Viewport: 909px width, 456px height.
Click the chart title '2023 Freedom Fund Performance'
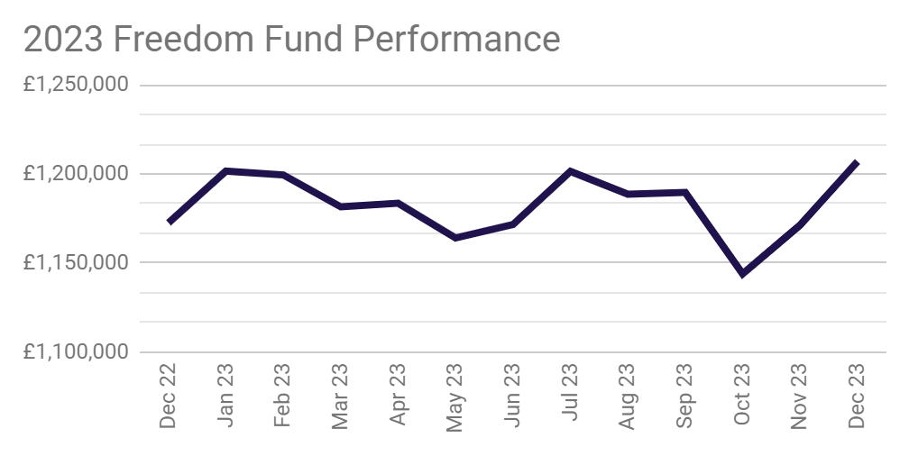291,40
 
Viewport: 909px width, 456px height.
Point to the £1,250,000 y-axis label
77,85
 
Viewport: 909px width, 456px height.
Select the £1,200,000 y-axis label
77,174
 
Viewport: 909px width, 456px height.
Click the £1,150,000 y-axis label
77,263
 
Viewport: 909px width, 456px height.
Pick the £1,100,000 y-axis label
77,352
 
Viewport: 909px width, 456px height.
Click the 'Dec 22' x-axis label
168,397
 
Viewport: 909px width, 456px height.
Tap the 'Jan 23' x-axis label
225,397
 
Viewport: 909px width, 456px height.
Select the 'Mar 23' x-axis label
340,397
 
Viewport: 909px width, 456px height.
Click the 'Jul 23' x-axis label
570,397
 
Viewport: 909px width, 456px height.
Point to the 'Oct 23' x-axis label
742,397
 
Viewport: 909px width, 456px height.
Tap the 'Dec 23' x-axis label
857,397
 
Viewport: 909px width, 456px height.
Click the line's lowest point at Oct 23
742,274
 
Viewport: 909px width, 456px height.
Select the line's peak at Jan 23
225,170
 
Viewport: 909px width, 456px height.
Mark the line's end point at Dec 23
857,163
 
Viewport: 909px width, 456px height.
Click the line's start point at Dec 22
169,222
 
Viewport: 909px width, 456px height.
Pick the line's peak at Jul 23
570,170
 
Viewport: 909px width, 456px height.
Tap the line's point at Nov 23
799,225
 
